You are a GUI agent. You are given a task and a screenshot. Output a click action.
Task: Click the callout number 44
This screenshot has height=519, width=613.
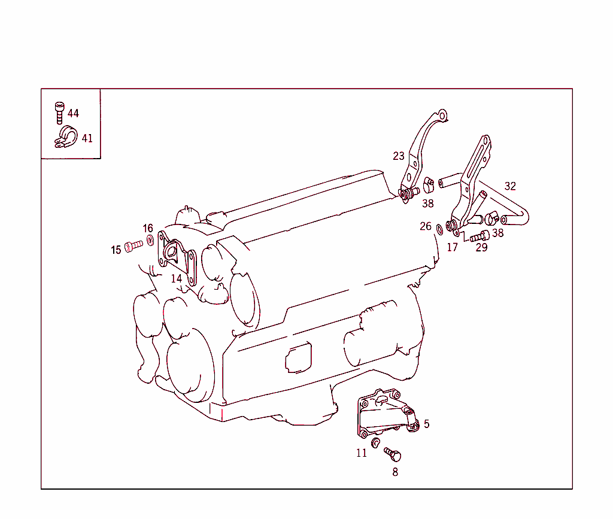click(73, 113)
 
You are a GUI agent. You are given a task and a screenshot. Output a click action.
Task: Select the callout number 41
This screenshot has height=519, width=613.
click(87, 138)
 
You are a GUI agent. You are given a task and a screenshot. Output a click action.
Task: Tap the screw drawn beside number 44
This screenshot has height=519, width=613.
click(59, 112)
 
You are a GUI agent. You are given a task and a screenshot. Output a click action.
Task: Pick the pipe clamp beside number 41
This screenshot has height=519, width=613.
click(63, 137)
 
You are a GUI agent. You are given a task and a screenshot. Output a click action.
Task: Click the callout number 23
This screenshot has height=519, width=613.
click(399, 156)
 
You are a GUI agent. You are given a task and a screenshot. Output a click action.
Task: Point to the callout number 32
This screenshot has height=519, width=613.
click(510, 186)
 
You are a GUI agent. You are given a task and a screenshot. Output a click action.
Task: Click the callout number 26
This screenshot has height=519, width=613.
click(426, 226)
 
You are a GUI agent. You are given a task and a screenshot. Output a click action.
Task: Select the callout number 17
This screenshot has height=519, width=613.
click(453, 247)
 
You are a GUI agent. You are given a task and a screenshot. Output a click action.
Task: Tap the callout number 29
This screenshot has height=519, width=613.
click(481, 247)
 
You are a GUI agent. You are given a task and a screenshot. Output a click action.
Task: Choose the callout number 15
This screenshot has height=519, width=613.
click(116, 250)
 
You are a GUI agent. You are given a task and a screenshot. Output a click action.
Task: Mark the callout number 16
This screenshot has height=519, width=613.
click(148, 228)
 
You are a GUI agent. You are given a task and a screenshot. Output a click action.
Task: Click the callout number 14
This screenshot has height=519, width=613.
click(176, 278)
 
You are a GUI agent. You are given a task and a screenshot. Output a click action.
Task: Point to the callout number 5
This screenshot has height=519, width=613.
click(426, 424)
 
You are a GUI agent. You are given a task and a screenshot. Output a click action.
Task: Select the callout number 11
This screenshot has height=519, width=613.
click(362, 453)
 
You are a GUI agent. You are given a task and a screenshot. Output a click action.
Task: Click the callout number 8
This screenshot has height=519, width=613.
click(395, 472)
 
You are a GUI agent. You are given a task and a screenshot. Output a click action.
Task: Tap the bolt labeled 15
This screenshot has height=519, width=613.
click(134, 245)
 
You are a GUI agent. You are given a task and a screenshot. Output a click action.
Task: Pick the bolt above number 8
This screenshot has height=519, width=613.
click(393, 454)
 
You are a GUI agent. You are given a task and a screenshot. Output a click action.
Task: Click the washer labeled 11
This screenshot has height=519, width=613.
click(376, 442)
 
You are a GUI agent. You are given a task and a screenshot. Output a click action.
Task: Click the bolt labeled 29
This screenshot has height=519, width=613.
click(480, 236)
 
